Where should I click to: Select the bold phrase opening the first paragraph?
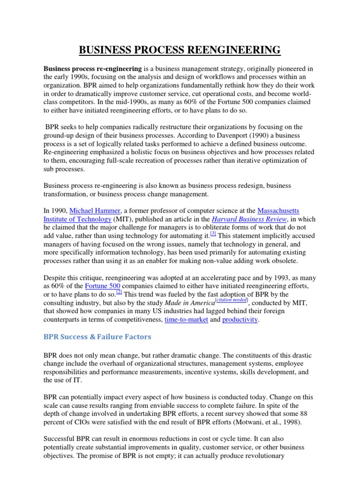coord(92,69)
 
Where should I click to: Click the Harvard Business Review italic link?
coord(248,219)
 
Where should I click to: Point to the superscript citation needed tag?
coord(228,300)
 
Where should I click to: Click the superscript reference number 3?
coord(213,233)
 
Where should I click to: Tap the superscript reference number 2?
coord(119,292)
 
